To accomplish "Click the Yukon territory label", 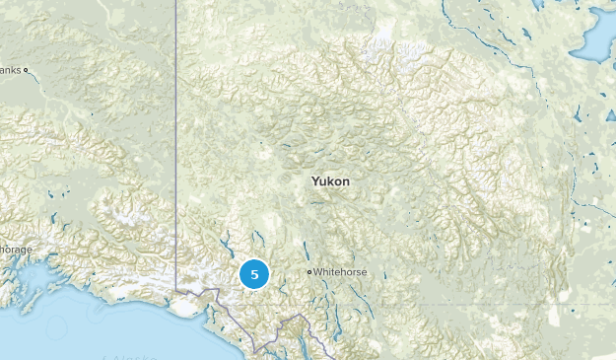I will coord(330,181).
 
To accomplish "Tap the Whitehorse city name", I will coord(339,271).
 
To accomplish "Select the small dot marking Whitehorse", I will coord(308,271).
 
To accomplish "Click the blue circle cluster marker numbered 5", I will coord(254,274).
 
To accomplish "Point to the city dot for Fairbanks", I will coord(26,70).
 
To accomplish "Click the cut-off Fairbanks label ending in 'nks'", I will coord(10,70).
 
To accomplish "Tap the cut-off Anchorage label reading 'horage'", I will coord(16,250).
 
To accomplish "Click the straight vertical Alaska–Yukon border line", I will coord(176,148).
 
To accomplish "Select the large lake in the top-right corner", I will coord(597,37).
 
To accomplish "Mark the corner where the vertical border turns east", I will coord(177,290).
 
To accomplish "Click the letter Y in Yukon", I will coord(314,181).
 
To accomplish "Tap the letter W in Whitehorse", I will coord(318,271).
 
